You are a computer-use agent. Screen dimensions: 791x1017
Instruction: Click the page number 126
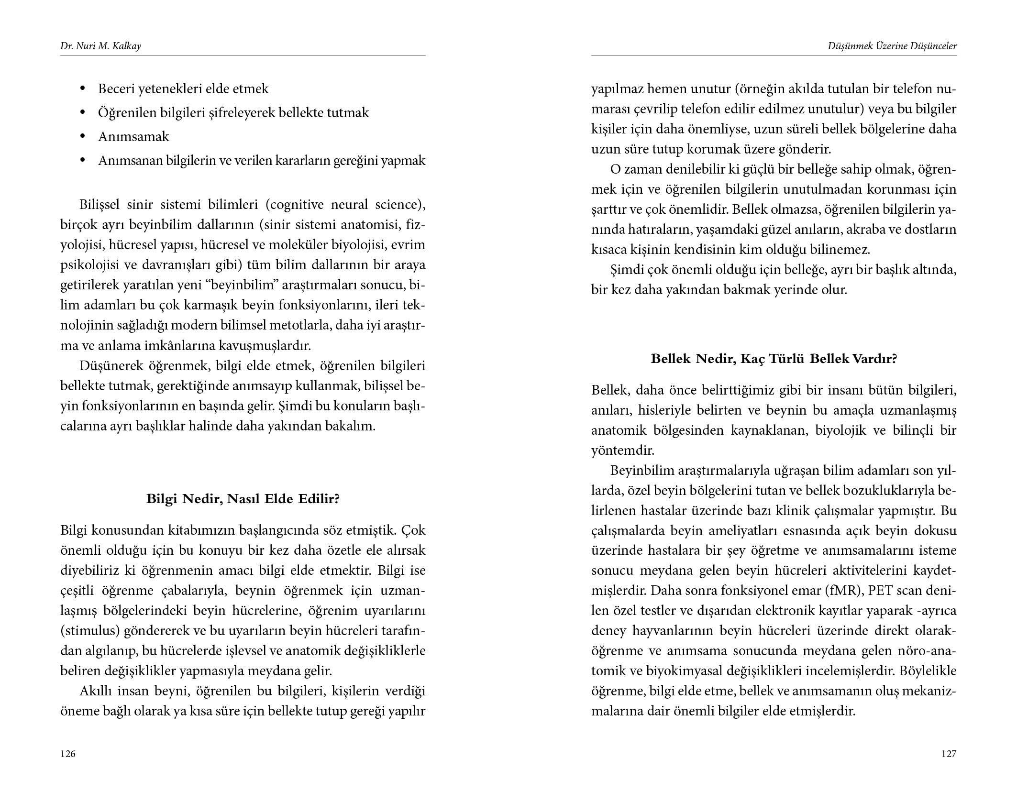point(68,754)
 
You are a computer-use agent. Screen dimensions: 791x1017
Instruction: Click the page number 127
point(949,754)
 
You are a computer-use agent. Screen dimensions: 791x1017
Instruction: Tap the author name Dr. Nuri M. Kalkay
point(100,46)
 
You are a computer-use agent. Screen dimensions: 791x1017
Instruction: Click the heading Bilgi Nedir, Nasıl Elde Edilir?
point(243,499)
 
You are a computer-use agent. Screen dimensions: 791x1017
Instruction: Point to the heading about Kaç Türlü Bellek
point(774,359)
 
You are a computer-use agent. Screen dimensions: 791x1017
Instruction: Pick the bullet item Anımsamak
point(133,137)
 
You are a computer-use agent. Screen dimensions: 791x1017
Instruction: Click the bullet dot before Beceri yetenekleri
point(83,89)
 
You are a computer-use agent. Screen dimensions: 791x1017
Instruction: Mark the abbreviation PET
point(881,591)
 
